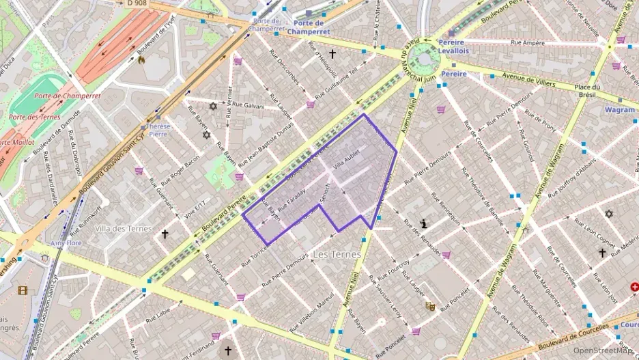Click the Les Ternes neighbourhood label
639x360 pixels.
(x=336, y=254)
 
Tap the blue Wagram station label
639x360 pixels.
(x=619, y=109)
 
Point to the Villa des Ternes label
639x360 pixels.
(x=123, y=228)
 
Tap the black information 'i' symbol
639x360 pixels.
(x=425, y=223)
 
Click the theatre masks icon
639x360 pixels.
(x=430, y=307)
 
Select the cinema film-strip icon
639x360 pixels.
(x=24, y=290)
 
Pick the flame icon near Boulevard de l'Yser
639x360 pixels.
(x=141, y=60)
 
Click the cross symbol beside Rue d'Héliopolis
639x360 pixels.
(x=332, y=53)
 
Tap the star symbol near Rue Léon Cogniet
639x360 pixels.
(x=609, y=214)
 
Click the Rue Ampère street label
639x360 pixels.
(x=523, y=42)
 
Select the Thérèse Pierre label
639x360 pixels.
(x=158, y=130)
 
